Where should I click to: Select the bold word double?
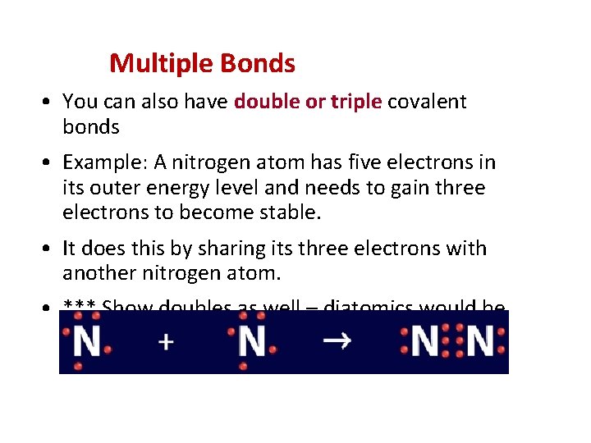263,102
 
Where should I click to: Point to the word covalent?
427,102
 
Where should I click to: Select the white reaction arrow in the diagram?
337,340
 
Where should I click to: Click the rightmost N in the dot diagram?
479,341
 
